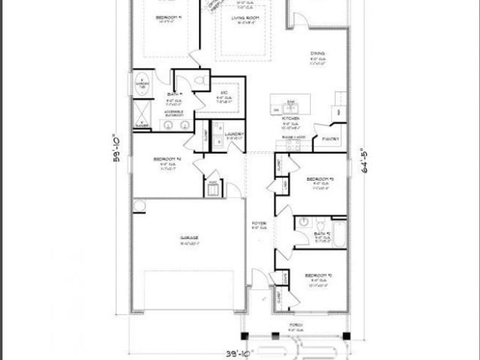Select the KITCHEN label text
[291, 118]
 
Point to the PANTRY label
[327, 139]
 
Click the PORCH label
[295, 324]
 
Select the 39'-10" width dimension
[237, 353]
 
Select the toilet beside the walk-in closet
[200, 81]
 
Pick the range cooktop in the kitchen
[293, 143]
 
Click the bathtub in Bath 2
[339, 234]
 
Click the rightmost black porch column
[346, 336]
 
